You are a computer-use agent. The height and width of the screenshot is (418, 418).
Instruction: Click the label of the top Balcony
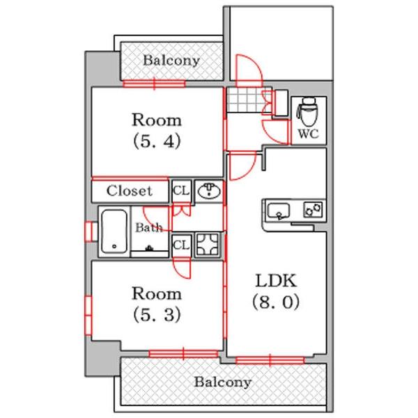pyautogui.click(x=171, y=61)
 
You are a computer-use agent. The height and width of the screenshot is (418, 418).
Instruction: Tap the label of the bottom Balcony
pyautogui.click(x=222, y=382)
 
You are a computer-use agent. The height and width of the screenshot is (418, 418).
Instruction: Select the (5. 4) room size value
pyautogui.click(x=157, y=141)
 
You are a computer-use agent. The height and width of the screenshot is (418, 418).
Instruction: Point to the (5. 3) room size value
pyautogui.click(x=157, y=314)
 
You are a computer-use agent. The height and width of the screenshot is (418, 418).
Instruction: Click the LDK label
pyautogui.click(x=277, y=281)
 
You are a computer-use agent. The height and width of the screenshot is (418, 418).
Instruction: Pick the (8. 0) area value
pyautogui.click(x=277, y=304)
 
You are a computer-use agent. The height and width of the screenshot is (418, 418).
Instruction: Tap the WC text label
pyautogui.click(x=308, y=134)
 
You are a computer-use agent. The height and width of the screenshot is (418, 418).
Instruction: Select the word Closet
pyautogui.click(x=130, y=190)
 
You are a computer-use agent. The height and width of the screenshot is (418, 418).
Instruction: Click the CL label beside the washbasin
pyautogui.click(x=180, y=190)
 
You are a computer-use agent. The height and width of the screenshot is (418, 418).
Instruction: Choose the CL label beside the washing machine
pyautogui.click(x=180, y=245)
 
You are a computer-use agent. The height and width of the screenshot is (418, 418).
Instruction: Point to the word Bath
pyautogui.click(x=148, y=227)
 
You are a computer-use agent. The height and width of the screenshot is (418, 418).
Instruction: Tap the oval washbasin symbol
pyautogui.click(x=209, y=191)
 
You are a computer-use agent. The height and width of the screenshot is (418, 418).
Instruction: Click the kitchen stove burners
pyautogui.click(x=313, y=208)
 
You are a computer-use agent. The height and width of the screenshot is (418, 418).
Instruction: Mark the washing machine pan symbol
pyautogui.click(x=208, y=245)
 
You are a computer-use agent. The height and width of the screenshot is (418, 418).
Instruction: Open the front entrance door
pyautogui.click(x=247, y=70)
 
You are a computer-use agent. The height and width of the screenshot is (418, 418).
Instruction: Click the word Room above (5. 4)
pyautogui.click(x=157, y=118)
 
